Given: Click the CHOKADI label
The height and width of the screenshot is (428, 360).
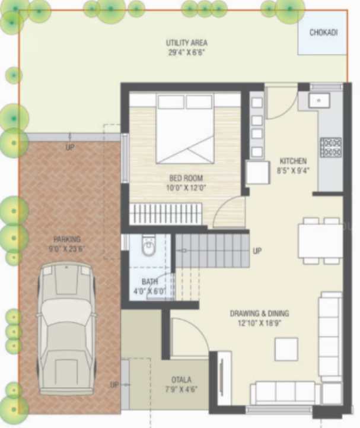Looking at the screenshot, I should pyautogui.click(x=323, y=33).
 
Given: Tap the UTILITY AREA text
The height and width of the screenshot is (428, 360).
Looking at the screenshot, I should pyautogui.click(x=186, y=43).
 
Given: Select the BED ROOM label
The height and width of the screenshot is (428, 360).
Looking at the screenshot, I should pyautogui.click(x=186, y=177).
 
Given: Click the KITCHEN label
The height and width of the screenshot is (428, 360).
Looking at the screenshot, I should pyautogui.click(x=293, y=161).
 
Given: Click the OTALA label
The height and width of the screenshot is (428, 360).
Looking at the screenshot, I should pyautogui.click(x=181, y=380).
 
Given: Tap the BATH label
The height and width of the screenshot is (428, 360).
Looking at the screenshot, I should pyautogui.click(x=149, y=281).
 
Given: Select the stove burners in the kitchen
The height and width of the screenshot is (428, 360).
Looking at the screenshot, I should pyautogui.click(x=330, y=147).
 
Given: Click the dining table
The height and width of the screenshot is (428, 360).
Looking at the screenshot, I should pyautogui.click(x=320, y=240).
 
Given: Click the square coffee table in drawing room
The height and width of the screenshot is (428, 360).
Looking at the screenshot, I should pyautogui.click(x=286, y=349).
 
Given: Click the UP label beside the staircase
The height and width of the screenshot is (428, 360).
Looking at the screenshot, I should pyautogui.click(x=257, y=251).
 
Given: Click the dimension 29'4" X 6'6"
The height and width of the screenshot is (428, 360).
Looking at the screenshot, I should pyautogui.click(x=186, y=52).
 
